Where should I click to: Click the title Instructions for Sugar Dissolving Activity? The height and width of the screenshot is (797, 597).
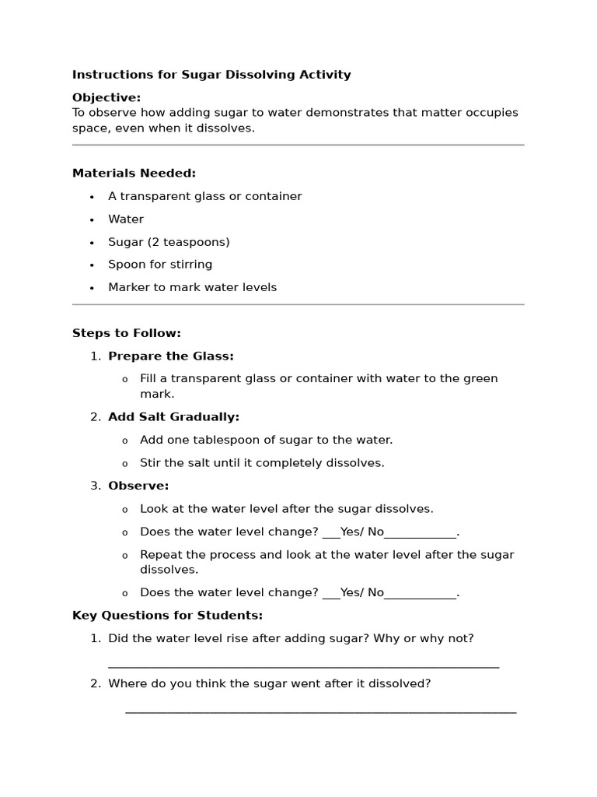click(x=211, y=75)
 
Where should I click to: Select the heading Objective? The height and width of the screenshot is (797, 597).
click(x=106, y=97)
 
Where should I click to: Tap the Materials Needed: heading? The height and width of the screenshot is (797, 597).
click(x=134, y=173)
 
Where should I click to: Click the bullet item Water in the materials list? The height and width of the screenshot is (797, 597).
click(x=126, y=219)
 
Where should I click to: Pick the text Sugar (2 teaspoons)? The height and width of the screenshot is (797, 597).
click(x=169, y=242)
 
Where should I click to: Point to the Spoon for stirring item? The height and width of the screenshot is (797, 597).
click(x=160, y=265)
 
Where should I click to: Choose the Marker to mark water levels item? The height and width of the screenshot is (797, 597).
click(x=192, y=287)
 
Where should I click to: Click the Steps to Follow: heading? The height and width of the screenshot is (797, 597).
click(x=126, y=333)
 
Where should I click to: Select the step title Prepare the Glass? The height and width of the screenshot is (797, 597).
click(x=171, y=356)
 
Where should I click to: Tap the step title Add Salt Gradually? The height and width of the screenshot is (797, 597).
click(x=173, y=417)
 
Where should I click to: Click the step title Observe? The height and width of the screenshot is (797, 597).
click(x=138, y=486)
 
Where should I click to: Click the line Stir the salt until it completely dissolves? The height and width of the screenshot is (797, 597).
click(x=262, y=463)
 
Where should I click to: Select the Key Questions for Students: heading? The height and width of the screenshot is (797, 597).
click(x=167, y=615)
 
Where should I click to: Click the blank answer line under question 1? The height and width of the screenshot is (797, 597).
click(x=303, y=665)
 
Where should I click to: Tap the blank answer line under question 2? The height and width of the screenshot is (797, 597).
click(x=320, y=711)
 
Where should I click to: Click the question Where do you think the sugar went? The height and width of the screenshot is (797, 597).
click(x=269, y=684)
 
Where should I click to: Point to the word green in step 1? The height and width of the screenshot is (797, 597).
click(x=481, y=378)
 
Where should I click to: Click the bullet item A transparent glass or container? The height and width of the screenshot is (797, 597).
click(x=204, y=196)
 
